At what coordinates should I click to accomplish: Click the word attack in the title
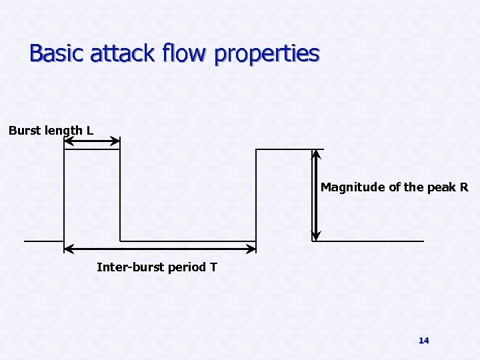coord(119,53)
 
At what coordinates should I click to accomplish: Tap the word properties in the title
coord(267,54)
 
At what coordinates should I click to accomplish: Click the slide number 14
coord(423,340)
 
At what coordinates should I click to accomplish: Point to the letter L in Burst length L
coord(89,131)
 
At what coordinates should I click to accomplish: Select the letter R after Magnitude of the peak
coord(464,187)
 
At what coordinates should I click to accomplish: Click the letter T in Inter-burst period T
coord(213,267)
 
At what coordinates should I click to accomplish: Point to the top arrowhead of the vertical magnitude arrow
coord(316,153)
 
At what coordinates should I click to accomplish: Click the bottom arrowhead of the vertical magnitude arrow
coord(316,236)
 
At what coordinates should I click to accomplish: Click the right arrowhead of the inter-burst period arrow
coord(252,249)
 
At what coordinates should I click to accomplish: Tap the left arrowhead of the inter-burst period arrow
coord(67,249)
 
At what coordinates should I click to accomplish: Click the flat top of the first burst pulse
coord(92,149)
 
